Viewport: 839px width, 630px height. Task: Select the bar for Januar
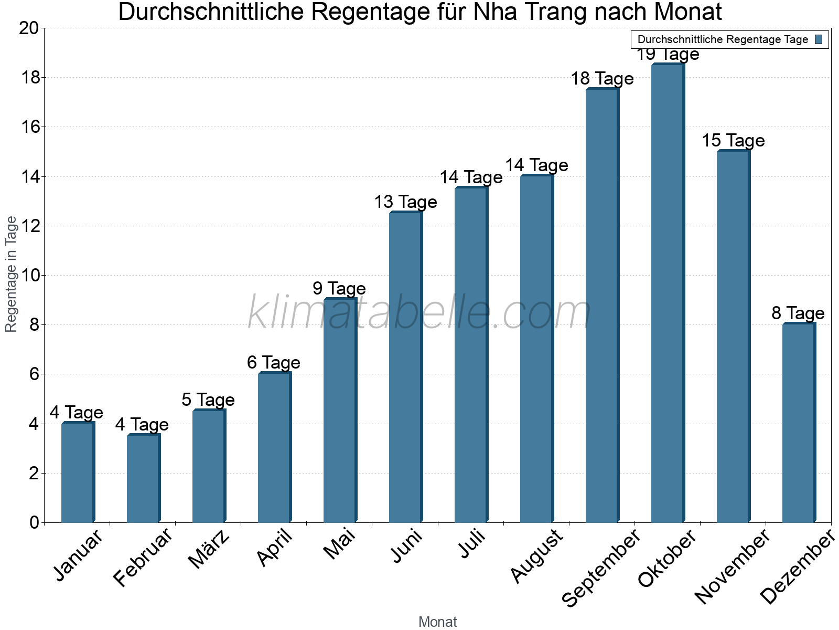(x=78, y=472)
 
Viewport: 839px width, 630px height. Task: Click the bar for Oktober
(x=668, y=294)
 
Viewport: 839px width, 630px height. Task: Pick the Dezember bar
(x=799, y=423)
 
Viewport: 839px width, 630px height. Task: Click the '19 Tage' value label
(x=668, y=55)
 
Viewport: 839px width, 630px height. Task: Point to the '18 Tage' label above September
(x=602, y=79)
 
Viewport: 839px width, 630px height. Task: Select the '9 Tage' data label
(x=339, y=288)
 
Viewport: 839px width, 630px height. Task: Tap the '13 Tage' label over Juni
(x=405, y=202)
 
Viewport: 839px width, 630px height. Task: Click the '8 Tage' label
(x=798, y=313)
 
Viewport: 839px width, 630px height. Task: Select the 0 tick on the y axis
(x=34, y=522)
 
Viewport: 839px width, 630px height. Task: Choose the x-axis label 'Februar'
(x=143, y=558)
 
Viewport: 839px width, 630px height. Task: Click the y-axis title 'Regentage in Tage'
(x=11, y=274)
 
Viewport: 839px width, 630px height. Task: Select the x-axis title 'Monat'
(x=437, y=622)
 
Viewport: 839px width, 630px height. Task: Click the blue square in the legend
(x=819, y=39)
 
